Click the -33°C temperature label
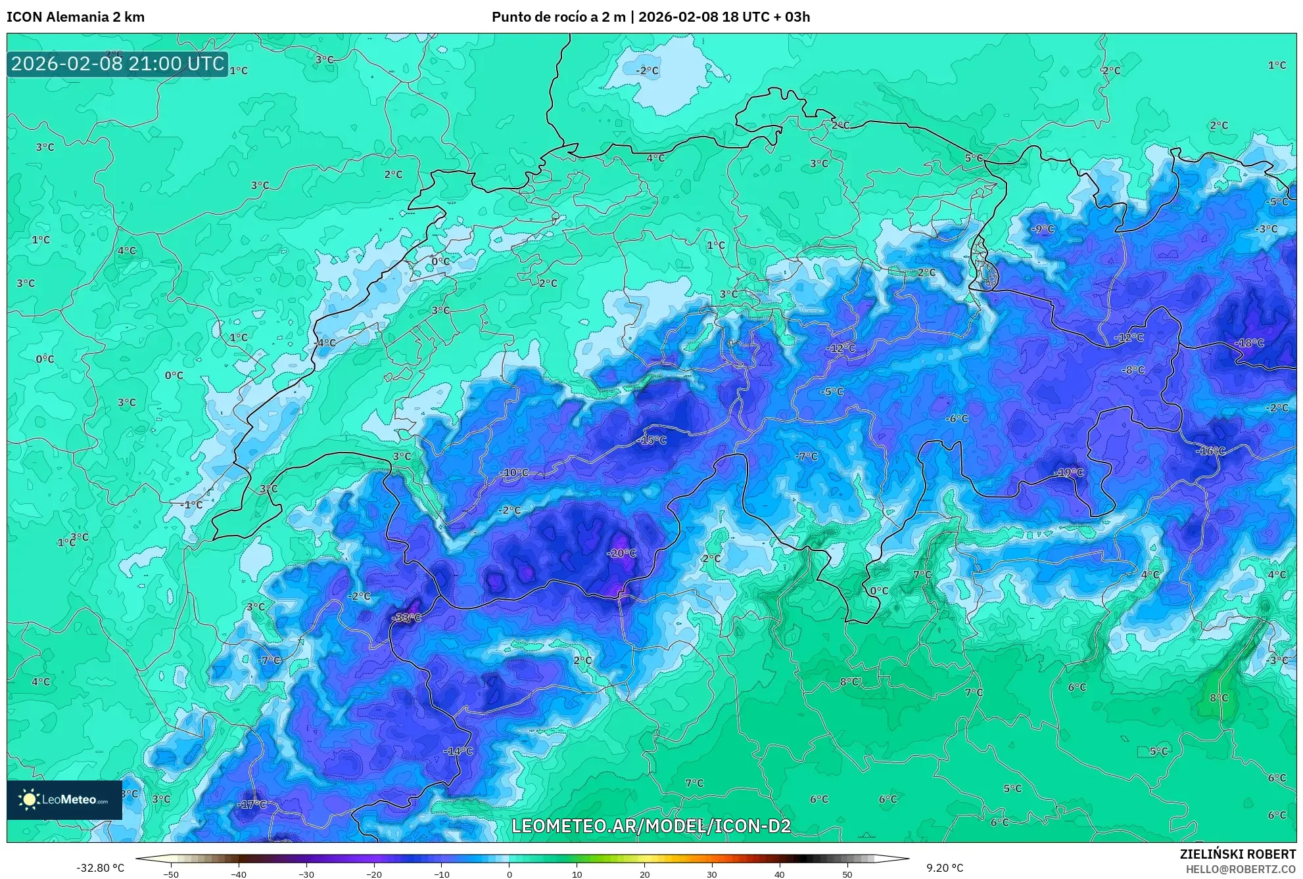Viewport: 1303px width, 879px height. pyautogui.click(x=406, y=618)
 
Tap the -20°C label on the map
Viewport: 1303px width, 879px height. pyautogui.click(x=621, y=553)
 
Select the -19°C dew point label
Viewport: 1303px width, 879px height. pyautogui.click(x=1068, y=472)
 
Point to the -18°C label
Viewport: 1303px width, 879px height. pyautogui.click(x=1249, y=343)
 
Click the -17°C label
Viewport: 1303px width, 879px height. pyautogui.click(x=252, y=804)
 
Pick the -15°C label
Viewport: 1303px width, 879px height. pyautogui.click(x=651, y=440)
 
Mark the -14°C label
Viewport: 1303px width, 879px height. pyautogui.click(x=458, y=751)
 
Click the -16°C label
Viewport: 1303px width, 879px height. pyautogui.click(x=1210, y=451)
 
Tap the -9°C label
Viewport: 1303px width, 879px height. pyautogui.click(x=1042, y=229)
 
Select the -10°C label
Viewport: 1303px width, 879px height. pyautogui.click(x=513, y=472)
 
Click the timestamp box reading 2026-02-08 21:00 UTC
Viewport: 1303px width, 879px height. pyautogui.click(x=118, y=64)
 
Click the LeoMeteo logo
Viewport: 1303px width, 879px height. pyautogui.click(x=64, y=800)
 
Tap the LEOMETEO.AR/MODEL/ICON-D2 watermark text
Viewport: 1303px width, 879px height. pyautogui.click(x=651, y=826)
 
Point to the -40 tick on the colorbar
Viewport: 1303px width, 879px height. pyautogui.click(x=239, y=874)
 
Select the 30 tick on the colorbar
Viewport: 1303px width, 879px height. pyautogui.click(x=712, y=874)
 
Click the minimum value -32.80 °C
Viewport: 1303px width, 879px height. pyautogui.click(x=100, y=868)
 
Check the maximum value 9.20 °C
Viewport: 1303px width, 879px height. pyautogui.click(x=945, y=868)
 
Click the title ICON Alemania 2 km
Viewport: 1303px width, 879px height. pyautogui.click(x=76, y=17)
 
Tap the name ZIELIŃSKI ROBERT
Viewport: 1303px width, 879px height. pyautogui.click(x=1238, y=854)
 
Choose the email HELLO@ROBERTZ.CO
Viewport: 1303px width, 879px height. pyautogui.click(x=1241, y=869)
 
